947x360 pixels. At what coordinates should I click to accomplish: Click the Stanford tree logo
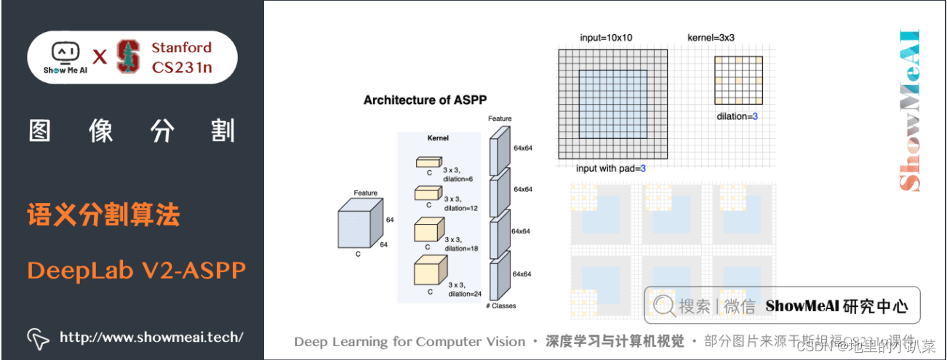click(129, 57)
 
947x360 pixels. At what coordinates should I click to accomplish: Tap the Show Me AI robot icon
click(65, 52)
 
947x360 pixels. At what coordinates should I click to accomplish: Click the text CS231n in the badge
click(182, 68)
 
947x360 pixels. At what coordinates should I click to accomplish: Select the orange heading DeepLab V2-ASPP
click(137, 270)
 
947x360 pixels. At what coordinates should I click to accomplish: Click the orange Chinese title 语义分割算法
click(103, 216)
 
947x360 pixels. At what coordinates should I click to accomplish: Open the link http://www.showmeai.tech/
click(151, 337)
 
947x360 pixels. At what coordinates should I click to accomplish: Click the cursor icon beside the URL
click(38, 337)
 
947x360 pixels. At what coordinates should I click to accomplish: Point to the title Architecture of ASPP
click(425, 100)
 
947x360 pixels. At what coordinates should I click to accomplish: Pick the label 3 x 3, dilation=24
click(465, 289)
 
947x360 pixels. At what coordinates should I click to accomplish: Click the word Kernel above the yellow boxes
click(438, 137)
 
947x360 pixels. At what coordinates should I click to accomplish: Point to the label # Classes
click(500, 306)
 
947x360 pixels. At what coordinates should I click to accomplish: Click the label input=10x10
click(607, 37)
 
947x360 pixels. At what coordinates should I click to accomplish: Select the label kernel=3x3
click(712, 37)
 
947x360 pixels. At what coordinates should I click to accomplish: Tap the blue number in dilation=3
click(754, 116)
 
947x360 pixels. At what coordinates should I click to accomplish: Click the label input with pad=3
click(610, 168)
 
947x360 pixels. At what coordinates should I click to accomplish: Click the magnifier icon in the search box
click(663, 305)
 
